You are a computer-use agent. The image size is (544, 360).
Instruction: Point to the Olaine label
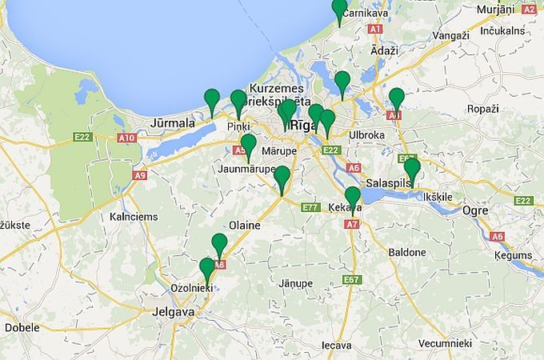(245, 226)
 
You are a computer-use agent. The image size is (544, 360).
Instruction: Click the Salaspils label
(387, 183)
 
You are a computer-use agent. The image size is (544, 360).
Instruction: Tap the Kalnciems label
(134, 217)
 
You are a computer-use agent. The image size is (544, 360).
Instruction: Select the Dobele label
(22, 328)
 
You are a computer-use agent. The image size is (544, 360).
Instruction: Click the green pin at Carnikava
(340, 10)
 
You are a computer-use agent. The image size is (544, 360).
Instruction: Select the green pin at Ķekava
(353, 197)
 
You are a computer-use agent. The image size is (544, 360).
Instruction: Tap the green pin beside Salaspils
(412, 170)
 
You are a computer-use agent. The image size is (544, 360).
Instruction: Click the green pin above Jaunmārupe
(249, 146)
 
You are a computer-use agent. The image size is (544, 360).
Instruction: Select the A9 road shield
(141, 174)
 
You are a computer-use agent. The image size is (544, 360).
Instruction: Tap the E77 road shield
(311, 207)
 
